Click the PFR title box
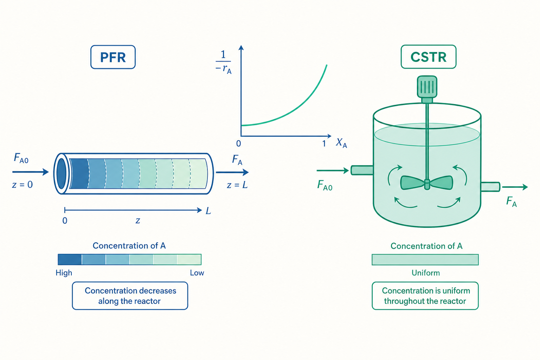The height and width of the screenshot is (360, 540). click(113, 57)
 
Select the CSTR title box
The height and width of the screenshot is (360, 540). click(429, 57)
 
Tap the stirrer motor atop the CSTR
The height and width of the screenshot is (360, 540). click(427, 87)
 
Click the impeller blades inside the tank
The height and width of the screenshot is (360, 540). click(427, 183)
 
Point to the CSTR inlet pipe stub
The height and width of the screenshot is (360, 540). click(362, 170)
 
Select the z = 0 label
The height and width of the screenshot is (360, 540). click(22, 185)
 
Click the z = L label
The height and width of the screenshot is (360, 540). click(237, 185)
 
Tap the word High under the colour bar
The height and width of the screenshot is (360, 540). click(64, 273)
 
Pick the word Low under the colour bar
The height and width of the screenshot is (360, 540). click(197, 273)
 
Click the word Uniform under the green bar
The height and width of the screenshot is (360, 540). click(425, 273)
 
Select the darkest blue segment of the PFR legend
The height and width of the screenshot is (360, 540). click(70, 259)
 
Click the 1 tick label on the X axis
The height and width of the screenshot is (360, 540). click(324, 144)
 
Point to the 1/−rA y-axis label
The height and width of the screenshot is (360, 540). click(224, 62)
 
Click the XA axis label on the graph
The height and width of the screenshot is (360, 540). click(341, 143)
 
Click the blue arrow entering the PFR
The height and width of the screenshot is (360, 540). click(31, 172)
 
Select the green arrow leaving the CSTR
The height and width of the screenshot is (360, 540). click(515, 187)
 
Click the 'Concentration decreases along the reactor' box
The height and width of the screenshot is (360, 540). click(130, 296)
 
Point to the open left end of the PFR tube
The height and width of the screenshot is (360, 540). click(61, 173)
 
